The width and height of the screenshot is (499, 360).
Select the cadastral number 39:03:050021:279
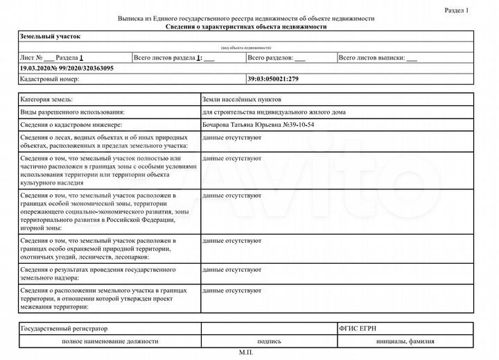point(273,79)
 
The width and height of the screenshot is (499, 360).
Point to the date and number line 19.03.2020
point(67,69)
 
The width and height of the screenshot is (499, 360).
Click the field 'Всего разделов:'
point(271,58)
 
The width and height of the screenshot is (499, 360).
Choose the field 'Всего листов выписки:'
point(378,58)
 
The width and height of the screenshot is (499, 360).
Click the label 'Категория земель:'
point(47,101)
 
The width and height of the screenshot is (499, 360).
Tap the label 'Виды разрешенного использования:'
point(73,112)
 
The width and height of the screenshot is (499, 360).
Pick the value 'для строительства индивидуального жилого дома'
point(273,112)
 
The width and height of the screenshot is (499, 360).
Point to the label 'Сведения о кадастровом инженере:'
point(71,124)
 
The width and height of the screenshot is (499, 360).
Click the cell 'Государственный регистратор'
point(64,327)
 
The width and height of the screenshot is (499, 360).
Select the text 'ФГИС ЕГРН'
point(359,327)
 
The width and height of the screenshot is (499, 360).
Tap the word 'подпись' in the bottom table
point(269,341)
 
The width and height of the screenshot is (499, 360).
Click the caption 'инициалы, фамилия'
point(405,341)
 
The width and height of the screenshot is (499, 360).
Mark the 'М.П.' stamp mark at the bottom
point(246,352)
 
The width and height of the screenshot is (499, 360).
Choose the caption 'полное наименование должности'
point(110,341)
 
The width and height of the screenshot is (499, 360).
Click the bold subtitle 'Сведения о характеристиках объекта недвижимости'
point(246,26)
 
